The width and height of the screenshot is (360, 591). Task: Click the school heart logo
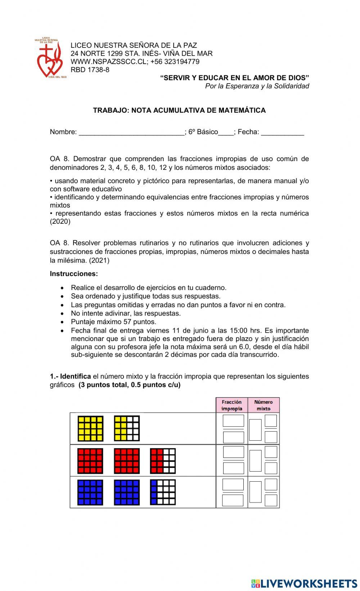tap(50, 58)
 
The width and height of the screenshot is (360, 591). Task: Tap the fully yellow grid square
tap(90, 428)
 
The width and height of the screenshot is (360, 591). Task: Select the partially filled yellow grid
tap(127, 428)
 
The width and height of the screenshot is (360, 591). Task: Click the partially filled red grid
tap(163, 461)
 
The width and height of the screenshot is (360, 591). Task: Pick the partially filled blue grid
tap(163, 492)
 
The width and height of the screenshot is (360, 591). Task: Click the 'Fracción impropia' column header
tap(231, 405)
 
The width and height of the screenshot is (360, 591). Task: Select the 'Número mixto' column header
tap(264, 405)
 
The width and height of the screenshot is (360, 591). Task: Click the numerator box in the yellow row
tap(233, 420)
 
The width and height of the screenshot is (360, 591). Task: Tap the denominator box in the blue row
tap(233, 500)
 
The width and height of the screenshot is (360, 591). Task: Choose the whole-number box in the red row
tap(255, 461)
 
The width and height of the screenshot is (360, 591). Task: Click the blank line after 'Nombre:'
tap(131, 132)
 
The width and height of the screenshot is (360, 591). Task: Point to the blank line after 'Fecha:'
tap(283, 132)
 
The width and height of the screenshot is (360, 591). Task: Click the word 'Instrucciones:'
tap(74, 274)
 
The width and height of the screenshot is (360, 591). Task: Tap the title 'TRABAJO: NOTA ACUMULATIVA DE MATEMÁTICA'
tap(179, 110)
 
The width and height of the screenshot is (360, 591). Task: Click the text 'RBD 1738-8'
tap(90, 70)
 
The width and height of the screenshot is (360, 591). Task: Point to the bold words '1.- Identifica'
tap(70, 376)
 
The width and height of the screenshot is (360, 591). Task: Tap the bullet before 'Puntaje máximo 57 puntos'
tap(63, 322)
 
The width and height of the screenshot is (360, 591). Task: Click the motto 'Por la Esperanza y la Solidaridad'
tap(257, 86)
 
